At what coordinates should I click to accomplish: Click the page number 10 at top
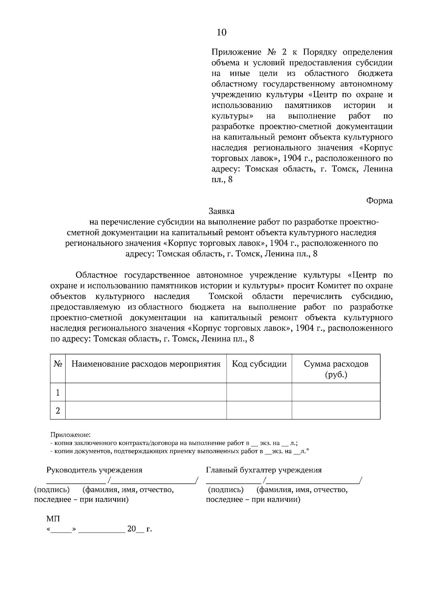221,33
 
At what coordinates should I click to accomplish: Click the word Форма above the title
379,201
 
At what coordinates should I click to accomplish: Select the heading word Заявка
221,211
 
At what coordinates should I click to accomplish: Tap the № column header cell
58,364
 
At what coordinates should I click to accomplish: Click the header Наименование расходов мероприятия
146,364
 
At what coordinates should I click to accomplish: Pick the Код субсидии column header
259,364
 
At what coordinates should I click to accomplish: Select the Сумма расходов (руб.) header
336,369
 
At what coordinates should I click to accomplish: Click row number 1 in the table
58,392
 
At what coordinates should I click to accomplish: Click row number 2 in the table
58,411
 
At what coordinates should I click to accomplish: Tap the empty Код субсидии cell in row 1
259,392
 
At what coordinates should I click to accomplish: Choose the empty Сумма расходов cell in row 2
336,410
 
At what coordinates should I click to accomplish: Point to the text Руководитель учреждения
94,470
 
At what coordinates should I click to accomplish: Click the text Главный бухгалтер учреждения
264,470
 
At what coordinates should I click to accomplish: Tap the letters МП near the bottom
53,519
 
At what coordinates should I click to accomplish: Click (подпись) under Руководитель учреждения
52,490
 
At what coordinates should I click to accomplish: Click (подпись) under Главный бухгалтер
226,490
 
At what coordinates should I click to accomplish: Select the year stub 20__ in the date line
135,529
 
